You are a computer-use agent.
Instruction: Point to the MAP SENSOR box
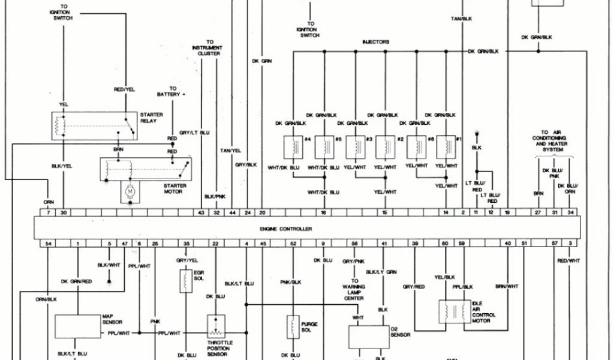tap(78, 325)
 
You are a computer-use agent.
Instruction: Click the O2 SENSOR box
tap(368, 337)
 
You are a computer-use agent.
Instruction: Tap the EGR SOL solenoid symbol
tap(186, 280)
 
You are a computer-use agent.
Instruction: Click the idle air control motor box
tap(455, 311)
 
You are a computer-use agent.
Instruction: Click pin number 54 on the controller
tap(48, 243)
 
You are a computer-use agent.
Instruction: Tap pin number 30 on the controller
tap(64, 213)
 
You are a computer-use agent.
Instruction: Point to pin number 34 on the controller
tap(570, 213)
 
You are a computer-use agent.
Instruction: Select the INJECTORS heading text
tap(375, 42)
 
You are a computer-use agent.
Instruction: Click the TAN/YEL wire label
tap(230, 150)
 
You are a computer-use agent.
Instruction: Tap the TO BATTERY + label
tap(171, 91)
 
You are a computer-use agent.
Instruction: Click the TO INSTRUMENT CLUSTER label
tap(209, 48)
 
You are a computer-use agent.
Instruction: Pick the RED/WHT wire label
tap(569, 260)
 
